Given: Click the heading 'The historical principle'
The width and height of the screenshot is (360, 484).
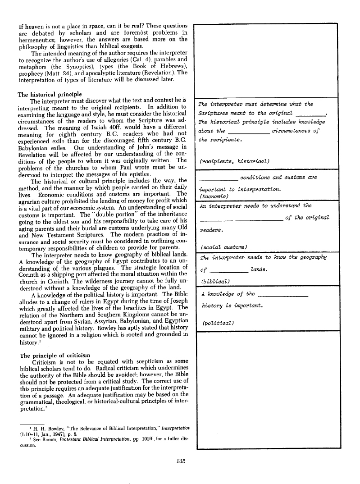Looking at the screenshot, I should [x=50, y=95].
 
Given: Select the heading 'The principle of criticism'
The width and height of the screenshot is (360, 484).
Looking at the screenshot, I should [x=54, y=356].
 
